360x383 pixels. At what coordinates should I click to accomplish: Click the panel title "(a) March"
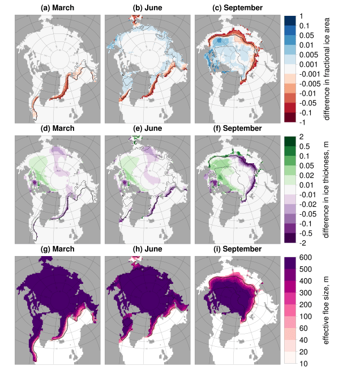(x=57, y=8)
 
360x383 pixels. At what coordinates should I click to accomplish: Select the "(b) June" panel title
(x=147, y=8)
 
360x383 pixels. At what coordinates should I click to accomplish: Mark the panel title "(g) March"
(x=57, y=249)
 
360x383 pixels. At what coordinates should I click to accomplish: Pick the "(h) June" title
(x=147, y=249)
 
